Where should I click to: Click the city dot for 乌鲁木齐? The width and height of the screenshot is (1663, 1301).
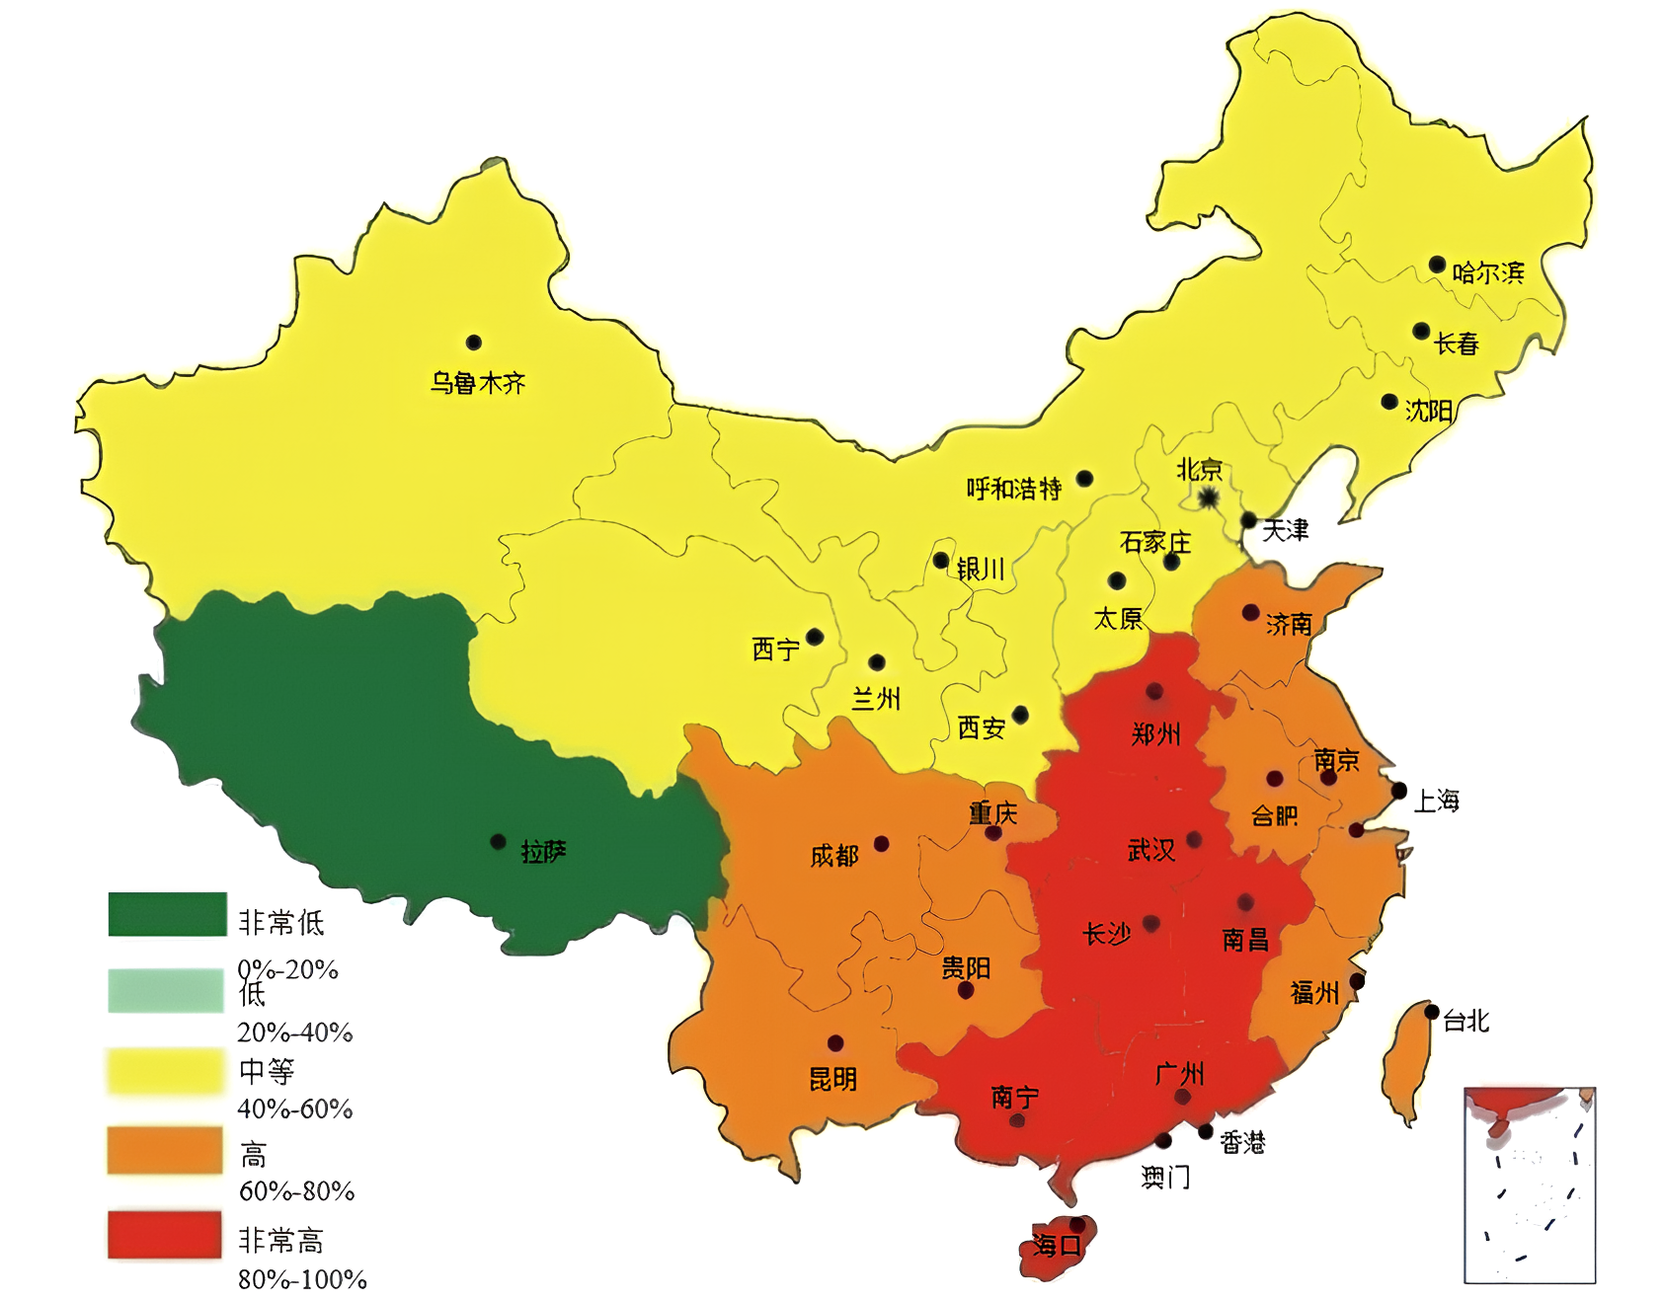coord(474,343)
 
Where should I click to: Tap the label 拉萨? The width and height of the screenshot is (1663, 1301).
coord(543,851)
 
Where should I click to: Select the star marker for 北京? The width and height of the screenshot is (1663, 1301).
coord(1209,498)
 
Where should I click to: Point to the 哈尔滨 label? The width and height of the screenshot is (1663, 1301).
coord(1487,272)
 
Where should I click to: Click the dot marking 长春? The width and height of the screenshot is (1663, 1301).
coord(1421,331)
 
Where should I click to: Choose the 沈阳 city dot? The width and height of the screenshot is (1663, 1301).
coord(1389,402)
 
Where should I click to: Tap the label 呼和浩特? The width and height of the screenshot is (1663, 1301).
coord(1013,489)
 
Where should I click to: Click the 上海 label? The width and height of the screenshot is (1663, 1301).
coord(1437,801)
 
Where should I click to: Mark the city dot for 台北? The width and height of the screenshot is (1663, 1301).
coord(1432,1012)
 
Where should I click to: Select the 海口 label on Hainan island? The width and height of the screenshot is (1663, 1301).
coord(1057,1246)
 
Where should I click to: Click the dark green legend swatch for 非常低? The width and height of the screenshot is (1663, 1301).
coord(167,914)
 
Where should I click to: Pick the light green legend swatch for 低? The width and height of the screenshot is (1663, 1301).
coord(166,991)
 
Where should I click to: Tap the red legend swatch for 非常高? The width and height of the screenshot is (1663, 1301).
coord(165,1235)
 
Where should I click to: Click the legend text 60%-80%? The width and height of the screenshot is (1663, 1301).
coord(296,1191)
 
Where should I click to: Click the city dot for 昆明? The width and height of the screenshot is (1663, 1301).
coord(835,1043)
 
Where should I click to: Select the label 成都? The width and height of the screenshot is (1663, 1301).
coord(834,856)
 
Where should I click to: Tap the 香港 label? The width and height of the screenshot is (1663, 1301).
coord(1242,1143)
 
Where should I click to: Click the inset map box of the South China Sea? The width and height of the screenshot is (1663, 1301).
coord(1530,1186)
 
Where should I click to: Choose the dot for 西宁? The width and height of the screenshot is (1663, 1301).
coord(815,637)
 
